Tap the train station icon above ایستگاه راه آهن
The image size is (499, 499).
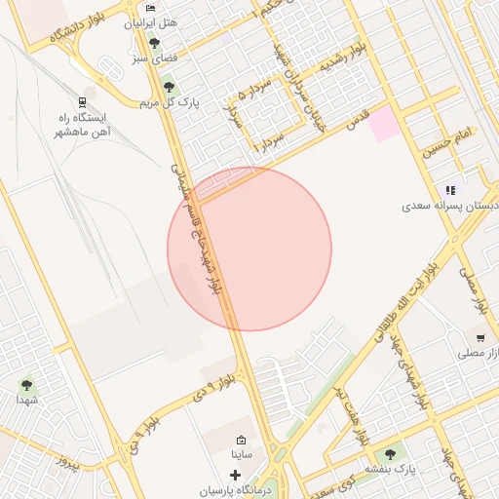coord(81,101)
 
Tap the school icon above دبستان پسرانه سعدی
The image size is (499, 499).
coord(449,191)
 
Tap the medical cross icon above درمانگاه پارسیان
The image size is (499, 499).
coord(235,475)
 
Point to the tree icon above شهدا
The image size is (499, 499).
coord(25,384)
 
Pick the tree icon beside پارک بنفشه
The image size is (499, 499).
coord(391,454)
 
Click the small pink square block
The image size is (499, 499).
coord(383,123)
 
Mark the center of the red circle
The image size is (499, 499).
coord(249,249)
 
